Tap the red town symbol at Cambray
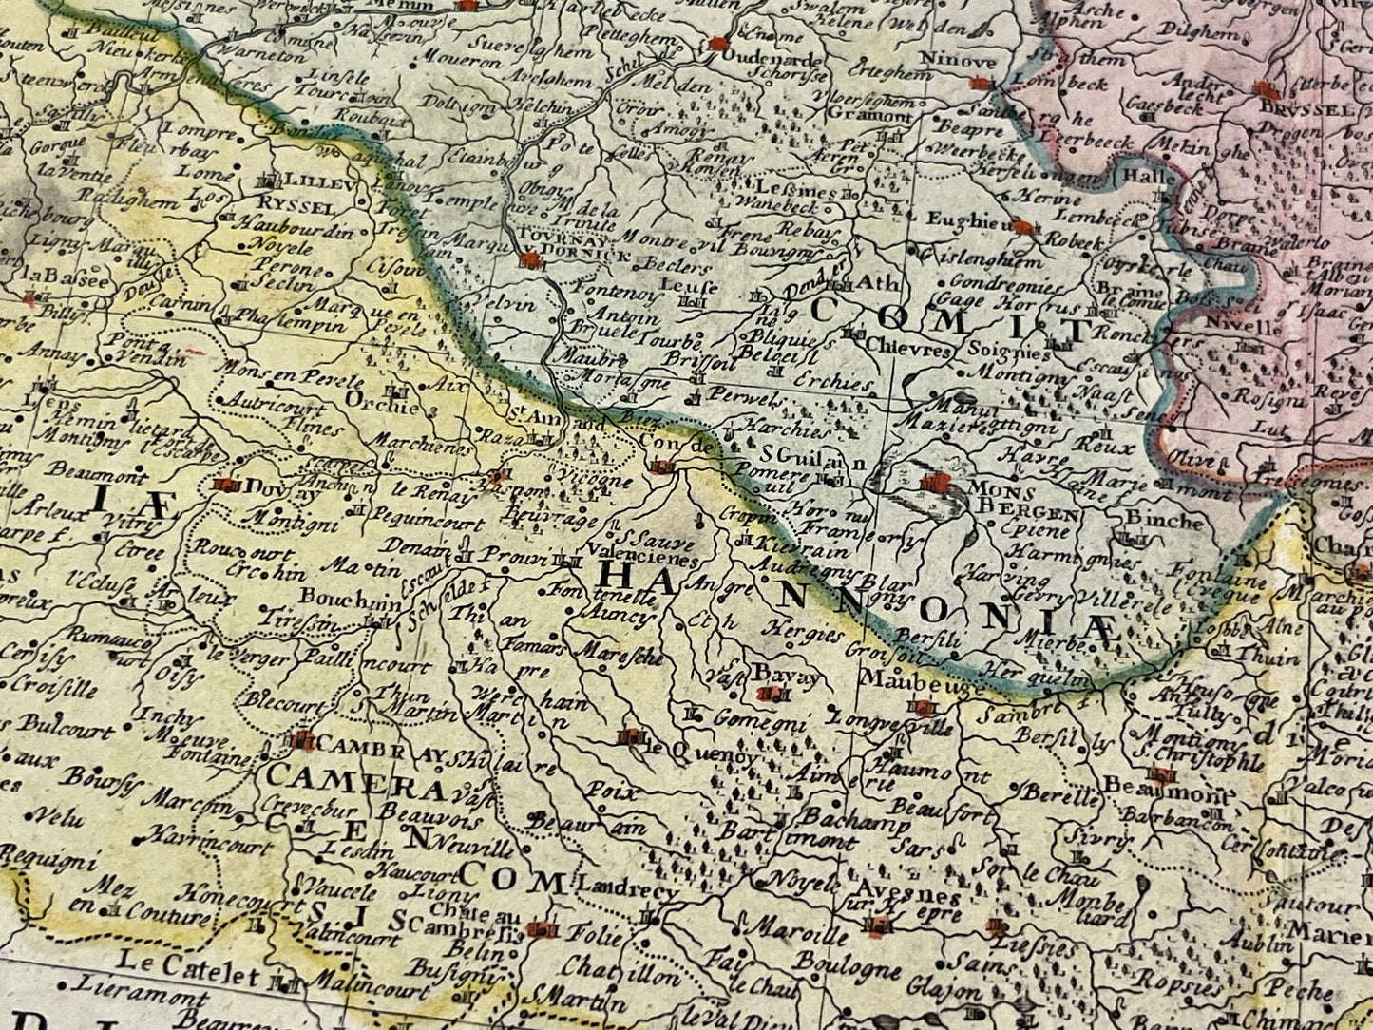[302, 739]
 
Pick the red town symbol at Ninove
[980, 84]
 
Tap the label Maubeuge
[906, 680]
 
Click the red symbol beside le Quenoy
[629, 735]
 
